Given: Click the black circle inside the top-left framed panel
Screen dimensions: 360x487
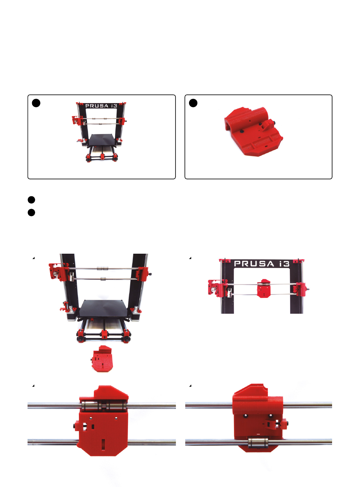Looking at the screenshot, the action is pyautogui.click(x=36, y=103).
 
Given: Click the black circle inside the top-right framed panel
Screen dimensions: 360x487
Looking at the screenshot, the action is pyautogui.click(x=193, y=103).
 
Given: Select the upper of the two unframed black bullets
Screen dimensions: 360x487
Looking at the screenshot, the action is pyautogui.click(x=31, y=200).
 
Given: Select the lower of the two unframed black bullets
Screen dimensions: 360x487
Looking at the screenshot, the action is pyautogui.click(x=31, y=213).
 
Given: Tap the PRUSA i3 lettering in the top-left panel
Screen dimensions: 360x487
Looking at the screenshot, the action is pyautogui.click(x=101, y=106).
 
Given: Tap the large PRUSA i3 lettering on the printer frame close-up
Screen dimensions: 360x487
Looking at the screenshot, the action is pyautogui.click(x=262, y=264).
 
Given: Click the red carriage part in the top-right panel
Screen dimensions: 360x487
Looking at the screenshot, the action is pyautogui.click(x=254, y=131).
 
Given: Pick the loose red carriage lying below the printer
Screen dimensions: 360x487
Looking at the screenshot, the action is pyautogui.click(x=102, y=359).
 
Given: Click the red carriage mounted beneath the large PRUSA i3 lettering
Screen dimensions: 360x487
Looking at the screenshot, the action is pyautogui.click(x=264, y=288).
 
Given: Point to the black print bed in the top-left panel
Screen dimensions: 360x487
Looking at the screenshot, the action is pyautogui.click(x=102, y=140).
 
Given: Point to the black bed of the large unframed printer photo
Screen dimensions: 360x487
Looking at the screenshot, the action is pyautogui.click(x=103, y=308).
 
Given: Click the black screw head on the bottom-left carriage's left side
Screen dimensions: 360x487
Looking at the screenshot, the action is pyautogui.click(x=74, y=426).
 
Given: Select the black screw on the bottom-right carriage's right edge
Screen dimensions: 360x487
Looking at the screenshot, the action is pyautogui.click(x=287, y=423).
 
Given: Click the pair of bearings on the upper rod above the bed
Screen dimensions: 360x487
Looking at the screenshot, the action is pyautogui.click(x=102, y=268).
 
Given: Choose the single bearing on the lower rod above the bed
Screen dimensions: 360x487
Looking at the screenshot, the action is pyautogui.click(x=103, y=279).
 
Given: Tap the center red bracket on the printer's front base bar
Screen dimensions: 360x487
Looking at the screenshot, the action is pyautogui.click(x=104, y=334).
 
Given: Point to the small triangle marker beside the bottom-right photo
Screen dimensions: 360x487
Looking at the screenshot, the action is pyautogui.click(x=190, y=385).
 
